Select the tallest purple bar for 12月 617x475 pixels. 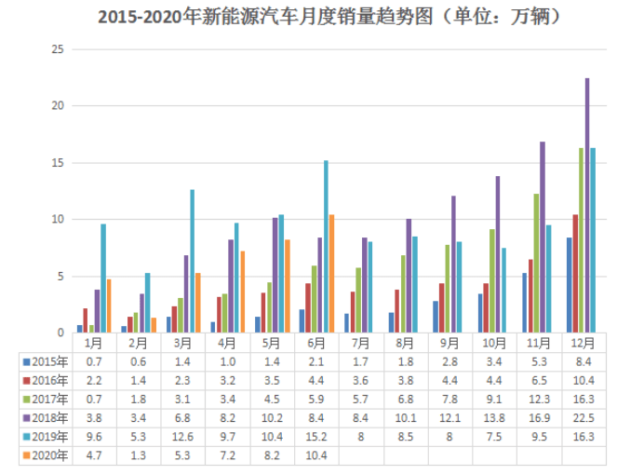tap(587, 205)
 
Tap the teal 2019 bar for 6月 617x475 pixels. tap(325, 247)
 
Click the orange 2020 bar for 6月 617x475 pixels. tap(331, 274)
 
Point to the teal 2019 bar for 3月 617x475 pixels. tap(193, 261)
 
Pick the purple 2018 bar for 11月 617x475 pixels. tap(543, 237)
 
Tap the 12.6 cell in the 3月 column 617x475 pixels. tap(182, 437)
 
